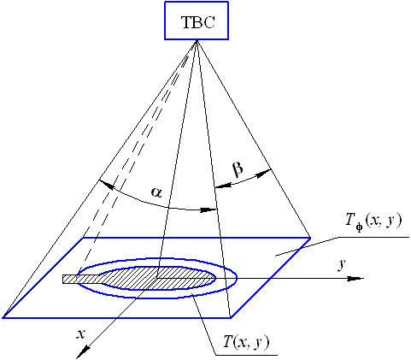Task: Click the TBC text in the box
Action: [x=198, y=22]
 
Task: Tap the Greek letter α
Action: [x=156, y=192]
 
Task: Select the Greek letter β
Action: [x=238, y=169]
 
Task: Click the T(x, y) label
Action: [x=246, y=342]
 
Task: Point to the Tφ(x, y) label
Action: [x=373, y=221]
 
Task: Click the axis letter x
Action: [x=81, y=334]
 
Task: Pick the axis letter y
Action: [x=342, y=265]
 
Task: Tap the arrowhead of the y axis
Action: [x=356, y=278]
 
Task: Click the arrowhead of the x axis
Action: [x=83, y=351]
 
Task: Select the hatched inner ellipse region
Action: [x=156, y=279]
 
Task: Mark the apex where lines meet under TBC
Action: [x=197, y=40]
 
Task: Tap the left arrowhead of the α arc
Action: [x=106, y=185]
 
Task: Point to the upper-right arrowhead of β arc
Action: [x=263, y=173]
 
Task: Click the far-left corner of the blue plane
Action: [x=3, y=317]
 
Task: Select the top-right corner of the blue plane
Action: [x=310, y=238]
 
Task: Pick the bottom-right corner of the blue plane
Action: [x=231, y=317]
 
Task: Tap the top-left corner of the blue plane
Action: [x=83, y=238]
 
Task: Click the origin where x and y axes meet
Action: [x=157, y=278]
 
